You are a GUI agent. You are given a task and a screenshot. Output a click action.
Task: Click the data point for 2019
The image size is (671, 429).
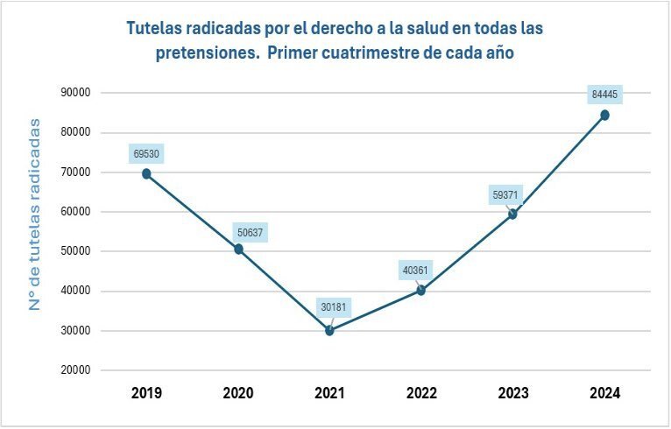146,173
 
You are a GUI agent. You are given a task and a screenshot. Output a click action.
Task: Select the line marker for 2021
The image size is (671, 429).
329,330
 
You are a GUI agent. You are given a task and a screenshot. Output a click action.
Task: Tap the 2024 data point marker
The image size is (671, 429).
604,115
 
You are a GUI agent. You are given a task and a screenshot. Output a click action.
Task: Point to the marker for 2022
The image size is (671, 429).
421,290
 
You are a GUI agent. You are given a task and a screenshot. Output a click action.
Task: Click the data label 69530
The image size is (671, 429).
146,154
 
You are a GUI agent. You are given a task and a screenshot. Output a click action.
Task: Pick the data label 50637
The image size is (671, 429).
251,233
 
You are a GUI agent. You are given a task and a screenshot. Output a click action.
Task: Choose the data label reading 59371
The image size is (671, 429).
507,195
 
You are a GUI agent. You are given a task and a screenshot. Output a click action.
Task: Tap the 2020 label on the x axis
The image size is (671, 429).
238,393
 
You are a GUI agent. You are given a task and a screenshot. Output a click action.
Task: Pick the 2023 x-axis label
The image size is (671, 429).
513,393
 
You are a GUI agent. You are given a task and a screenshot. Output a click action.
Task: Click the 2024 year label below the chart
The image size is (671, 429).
604,393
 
